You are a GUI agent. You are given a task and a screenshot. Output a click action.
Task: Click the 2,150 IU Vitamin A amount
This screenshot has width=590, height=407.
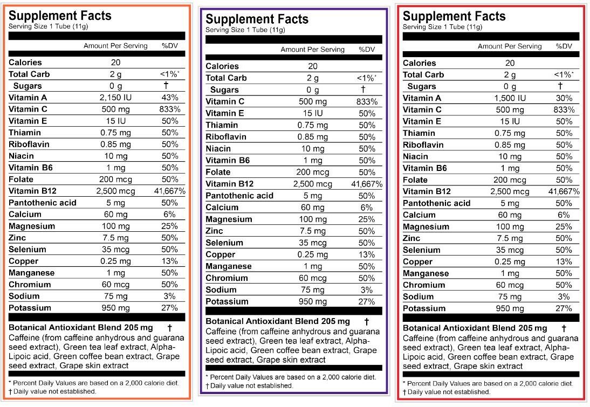point(115,98)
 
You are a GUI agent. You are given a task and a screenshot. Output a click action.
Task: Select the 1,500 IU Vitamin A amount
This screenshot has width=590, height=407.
point(510,98)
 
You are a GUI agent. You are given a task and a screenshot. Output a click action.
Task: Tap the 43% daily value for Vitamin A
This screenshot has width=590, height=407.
point(170,98)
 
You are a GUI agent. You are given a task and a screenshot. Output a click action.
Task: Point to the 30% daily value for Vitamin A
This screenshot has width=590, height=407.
point(564,98)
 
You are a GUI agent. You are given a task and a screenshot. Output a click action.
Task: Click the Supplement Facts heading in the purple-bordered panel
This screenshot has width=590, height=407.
point(257,19)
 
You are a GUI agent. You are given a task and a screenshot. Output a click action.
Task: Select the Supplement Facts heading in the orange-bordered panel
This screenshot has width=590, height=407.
point(60,16)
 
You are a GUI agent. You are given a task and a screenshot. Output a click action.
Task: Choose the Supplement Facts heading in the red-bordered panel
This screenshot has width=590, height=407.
point(454,16)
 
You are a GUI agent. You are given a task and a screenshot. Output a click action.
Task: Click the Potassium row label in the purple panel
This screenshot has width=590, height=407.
point(227,301)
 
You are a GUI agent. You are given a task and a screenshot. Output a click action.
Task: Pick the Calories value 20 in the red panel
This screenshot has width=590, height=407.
point(510,63)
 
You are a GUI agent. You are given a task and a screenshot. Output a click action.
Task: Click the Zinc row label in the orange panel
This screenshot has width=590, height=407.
point(18,238)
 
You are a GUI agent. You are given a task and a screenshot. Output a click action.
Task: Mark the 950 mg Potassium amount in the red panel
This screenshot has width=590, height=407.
point(510,308)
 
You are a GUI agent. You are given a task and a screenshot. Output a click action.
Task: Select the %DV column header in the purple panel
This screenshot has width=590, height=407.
point(367,50)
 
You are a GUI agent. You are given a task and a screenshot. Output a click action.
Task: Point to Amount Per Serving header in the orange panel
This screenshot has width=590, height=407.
point(115,46)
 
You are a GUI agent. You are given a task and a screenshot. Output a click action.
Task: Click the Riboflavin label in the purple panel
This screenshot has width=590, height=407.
point(225,137)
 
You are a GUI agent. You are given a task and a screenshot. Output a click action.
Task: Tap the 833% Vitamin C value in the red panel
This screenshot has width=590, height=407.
point(564,110)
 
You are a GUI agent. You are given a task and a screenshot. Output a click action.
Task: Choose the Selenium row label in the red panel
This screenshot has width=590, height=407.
point(421,250)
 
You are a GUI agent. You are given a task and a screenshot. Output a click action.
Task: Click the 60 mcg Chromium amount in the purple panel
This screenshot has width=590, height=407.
point(313,278)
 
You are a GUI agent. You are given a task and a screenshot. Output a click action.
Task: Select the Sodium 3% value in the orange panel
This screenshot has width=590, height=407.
point(170,296)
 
